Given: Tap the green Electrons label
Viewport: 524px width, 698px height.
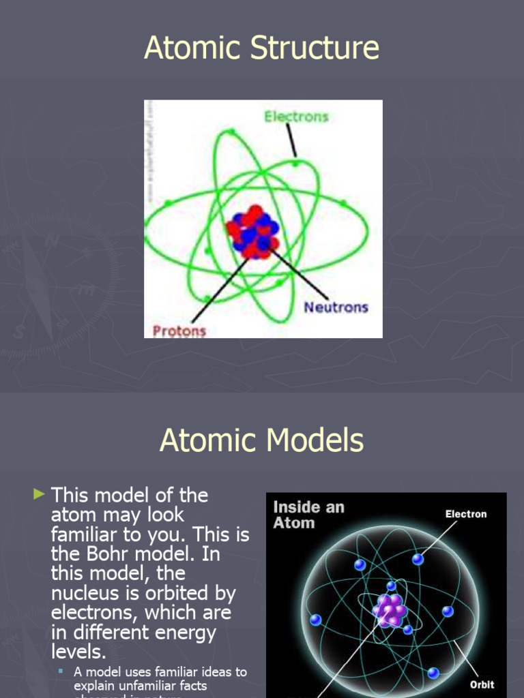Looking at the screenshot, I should pos(296,117).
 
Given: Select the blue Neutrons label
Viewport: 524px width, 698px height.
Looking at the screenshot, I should pos(336,307).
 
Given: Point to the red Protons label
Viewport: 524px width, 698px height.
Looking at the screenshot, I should pos(179,331).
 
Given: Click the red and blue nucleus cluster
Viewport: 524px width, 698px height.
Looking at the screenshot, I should pos(253,232).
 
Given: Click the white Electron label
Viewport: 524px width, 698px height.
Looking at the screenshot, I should pos(466,514).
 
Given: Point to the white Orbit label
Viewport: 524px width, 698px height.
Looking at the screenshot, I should pos(482,684).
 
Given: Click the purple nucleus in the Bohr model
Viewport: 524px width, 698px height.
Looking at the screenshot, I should pos(390,609).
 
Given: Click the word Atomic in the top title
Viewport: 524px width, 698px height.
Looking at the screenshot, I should pos(190,49).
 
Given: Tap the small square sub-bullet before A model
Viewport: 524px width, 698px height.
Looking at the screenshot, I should pos(61,672).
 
